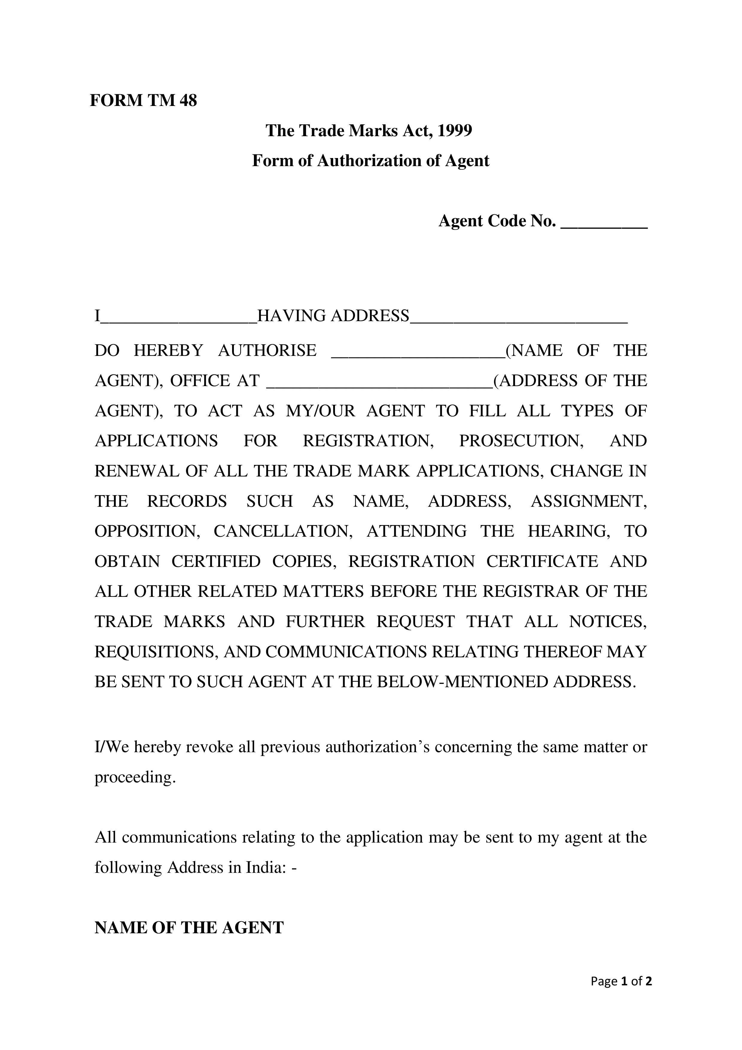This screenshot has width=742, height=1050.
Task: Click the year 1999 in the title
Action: (x=454, y=131)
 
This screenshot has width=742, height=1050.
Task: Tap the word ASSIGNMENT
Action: (x=589, y=501)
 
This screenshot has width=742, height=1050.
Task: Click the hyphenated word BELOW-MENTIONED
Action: (x=462, y=682)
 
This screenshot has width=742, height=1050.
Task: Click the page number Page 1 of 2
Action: (x=621, y=981)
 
